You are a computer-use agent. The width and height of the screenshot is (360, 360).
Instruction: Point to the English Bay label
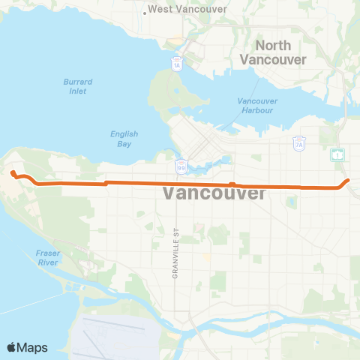tap(124, 139)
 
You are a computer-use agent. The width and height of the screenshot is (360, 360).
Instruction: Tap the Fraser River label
tap(47, 258)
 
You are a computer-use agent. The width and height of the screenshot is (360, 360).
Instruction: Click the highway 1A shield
tap(177, 65)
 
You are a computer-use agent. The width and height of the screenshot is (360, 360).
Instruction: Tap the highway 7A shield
tap(298, 142)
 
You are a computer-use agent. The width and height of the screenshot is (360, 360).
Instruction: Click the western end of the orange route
tap(13, 173)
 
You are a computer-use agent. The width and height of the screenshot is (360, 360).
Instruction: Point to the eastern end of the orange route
tap(349, 180)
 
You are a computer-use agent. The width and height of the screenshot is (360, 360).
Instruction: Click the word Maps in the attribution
tap(34, 347)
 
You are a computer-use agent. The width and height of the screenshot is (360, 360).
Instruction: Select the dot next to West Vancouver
tap(144, 10)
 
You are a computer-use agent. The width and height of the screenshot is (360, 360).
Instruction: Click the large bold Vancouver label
tap(214, 193)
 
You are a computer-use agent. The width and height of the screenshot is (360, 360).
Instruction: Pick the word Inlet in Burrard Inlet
tap(76, 91)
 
